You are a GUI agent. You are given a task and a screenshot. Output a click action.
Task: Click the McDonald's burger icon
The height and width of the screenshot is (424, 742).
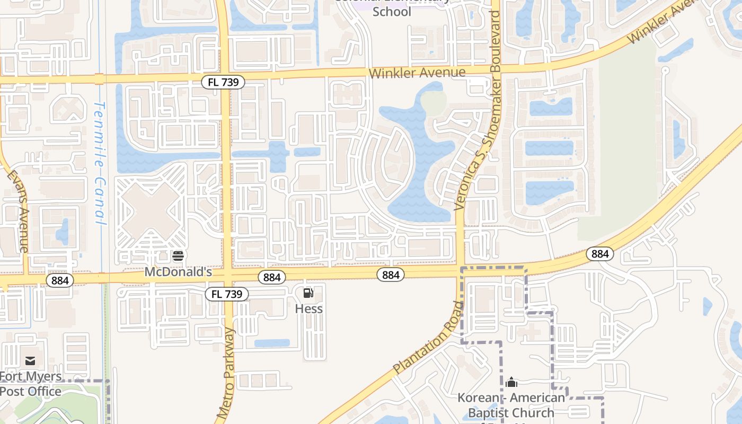coord(178,257)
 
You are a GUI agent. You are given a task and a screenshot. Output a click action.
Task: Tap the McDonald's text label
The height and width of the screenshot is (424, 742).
coord(178,272)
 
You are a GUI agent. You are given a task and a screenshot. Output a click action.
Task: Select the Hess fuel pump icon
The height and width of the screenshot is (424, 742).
coord(308,293)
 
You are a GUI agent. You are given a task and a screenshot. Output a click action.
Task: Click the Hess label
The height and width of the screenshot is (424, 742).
coord(308,308)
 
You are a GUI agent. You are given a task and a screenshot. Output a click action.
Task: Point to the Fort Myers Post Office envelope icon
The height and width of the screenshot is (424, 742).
coord(30,361)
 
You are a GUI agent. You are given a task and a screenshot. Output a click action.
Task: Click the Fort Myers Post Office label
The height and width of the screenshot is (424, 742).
coord(31,384)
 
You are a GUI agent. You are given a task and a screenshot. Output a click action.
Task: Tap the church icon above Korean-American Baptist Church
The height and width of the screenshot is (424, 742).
coord(511,382)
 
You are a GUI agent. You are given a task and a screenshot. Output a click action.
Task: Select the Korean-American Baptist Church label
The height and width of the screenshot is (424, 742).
coord(511,405)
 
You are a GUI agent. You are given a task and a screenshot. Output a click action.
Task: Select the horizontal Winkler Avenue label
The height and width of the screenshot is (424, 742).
coord(417,73)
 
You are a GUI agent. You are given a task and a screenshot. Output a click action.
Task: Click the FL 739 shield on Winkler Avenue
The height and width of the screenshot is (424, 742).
coord(223,82)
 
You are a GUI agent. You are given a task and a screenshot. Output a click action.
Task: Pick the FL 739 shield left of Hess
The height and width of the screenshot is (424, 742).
coord(227,294)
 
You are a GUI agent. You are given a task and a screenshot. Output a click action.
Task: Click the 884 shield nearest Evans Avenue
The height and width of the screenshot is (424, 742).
coord(60,280)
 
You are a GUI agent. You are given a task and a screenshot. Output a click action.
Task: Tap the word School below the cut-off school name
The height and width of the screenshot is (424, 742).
coord(392,12)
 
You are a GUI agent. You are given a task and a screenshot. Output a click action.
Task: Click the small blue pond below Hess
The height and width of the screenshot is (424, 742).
coord(272,343)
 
